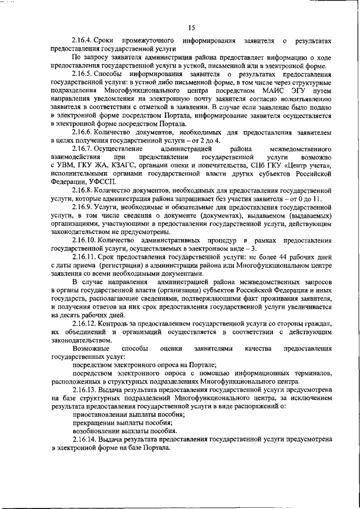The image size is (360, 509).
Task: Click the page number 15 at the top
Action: coord(191,28)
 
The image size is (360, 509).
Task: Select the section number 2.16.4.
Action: coord(83,41)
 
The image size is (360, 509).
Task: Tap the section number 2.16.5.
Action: coord(83,74)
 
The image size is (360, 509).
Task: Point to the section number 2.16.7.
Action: coord(83,148)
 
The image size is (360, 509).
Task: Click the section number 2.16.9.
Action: coord(83,207)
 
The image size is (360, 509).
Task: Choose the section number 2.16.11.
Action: coord(85,256)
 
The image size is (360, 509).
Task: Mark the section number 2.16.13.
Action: coord(85,389)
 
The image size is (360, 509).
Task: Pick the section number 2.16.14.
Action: coord(85,439)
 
